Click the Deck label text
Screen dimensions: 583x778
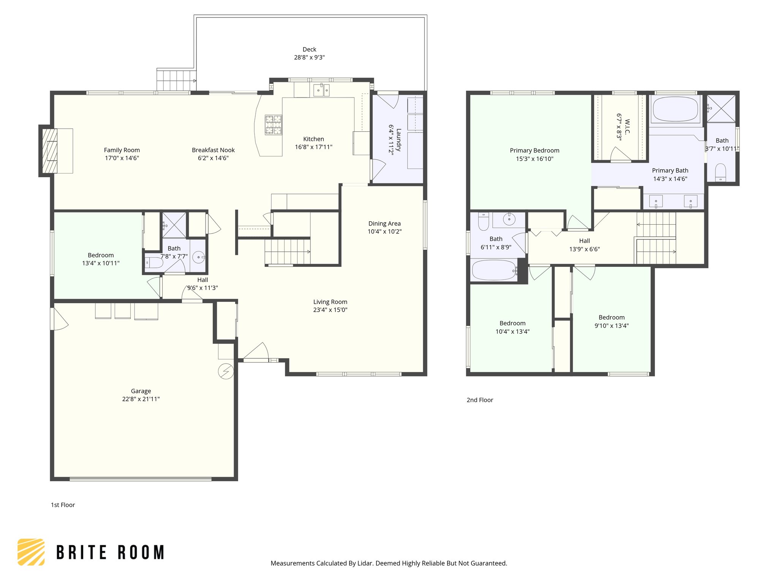coord(309,49)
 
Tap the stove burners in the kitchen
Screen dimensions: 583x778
coord(274,125)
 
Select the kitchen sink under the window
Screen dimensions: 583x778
coord(321,90)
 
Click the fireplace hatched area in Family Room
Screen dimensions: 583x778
coord(49,151)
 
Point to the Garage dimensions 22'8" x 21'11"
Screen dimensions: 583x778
coord(141,399)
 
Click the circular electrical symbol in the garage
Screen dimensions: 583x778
coord(226,371)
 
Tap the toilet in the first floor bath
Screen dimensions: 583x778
coord(154,262)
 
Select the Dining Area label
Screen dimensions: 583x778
coord(384,224)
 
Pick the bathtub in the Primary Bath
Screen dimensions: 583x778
coord(675,109)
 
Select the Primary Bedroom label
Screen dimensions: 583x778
coord(534,151)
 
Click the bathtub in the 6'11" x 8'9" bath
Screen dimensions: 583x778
coord(494,270)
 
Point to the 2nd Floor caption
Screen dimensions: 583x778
coord(480,400)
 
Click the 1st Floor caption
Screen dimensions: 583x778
coord(63,505)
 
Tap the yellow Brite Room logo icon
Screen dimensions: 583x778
coord(31,552)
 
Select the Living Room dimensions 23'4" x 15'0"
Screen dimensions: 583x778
coord(330,310)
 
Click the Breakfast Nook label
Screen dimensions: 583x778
coord(213,150)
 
